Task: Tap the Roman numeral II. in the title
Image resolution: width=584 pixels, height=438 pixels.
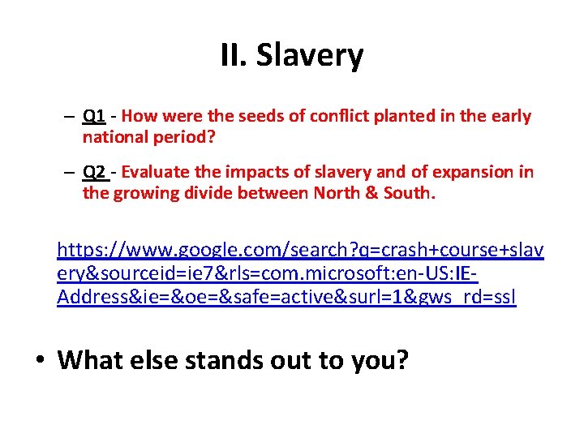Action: pos(235,56)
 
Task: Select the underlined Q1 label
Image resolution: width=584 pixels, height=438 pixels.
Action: pos(93,116)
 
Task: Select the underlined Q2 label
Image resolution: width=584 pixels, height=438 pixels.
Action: pos(94,172)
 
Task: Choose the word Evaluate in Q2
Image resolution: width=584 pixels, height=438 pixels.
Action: pos(155,172)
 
